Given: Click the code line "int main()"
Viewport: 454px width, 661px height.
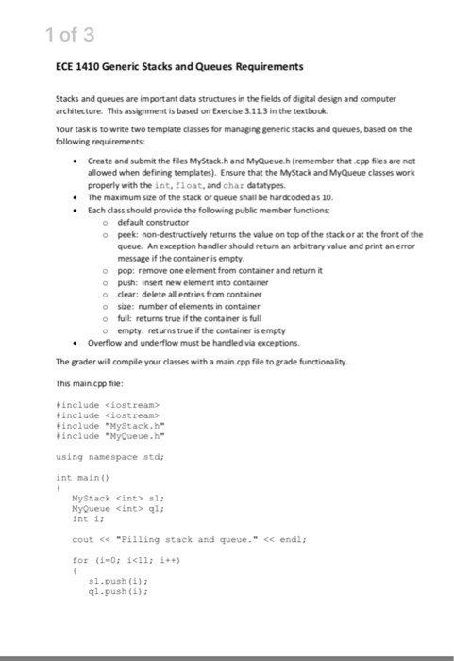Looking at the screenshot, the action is click(84, 477).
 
